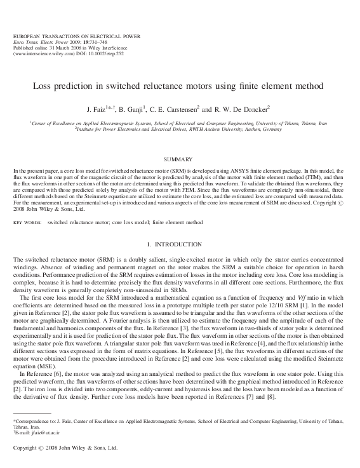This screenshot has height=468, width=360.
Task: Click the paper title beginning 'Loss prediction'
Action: (179, 85)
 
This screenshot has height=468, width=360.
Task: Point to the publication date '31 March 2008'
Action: (60, 48)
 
